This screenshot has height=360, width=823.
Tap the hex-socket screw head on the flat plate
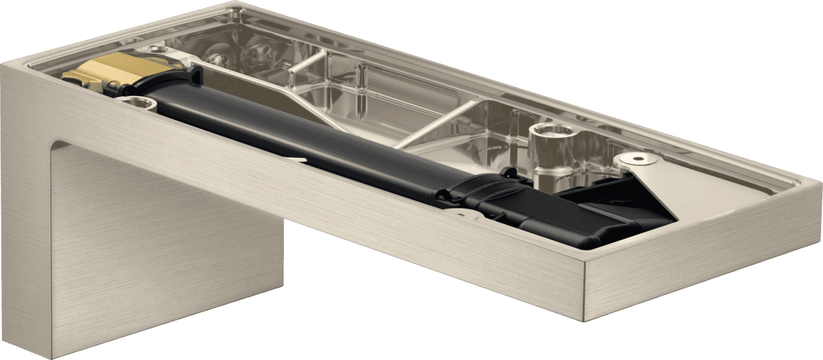pos(639,159)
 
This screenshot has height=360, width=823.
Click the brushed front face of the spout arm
pos(343,226)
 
